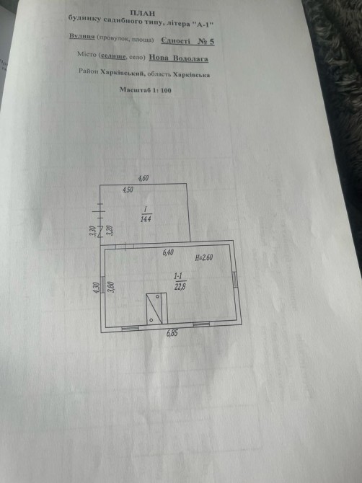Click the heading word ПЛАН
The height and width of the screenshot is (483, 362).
click(x=143, y=13)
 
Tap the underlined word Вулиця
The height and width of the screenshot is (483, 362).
click(x=82, y=36)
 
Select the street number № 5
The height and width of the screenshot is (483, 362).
click(x=206, y=41)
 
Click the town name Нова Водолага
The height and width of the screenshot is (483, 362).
click(x=179, y=58)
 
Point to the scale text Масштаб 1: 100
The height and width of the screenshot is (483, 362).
click(x=145, y=90)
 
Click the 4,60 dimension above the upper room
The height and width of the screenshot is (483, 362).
click(x=144, y=178)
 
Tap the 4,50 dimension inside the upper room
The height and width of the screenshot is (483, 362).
click(x=128, y=190)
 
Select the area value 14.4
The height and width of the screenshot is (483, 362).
click(x=146, y=219)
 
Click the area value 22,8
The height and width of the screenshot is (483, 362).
click(x=180, y=287)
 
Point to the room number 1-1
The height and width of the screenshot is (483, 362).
click(x=179, y=275)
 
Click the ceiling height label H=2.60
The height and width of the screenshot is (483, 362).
click(x=203, y=257)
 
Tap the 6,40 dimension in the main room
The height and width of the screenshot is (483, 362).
click(x=168, y=253)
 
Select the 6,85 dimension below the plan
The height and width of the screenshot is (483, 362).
click(x=172, y=333)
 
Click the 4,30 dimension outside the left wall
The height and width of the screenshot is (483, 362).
click(x=97, y=288)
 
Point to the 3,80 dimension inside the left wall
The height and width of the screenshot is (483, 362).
click(x=112, y=287)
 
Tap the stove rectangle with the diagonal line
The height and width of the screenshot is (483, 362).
click(x=156, y=309)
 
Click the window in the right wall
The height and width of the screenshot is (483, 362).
click(x=235, y=280)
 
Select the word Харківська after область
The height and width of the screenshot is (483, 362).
click(x=191, y=74)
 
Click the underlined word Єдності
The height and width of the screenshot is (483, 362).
click(x=176, y=41)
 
